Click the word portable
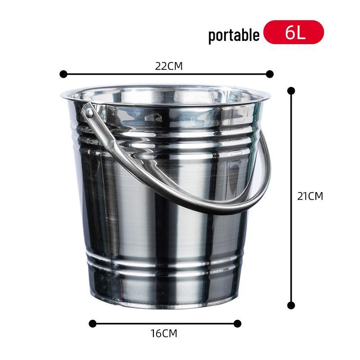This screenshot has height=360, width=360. [234, 35]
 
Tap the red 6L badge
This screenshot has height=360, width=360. [293, 32]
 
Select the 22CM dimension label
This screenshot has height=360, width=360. [169, 66]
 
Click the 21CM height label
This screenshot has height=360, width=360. [310, 196]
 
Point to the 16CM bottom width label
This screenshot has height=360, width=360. [164, 333]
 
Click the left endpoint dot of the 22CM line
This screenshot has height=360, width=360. [63, 74]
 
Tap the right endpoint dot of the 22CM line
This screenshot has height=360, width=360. [270, 74]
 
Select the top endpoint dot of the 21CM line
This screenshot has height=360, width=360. [291, 90]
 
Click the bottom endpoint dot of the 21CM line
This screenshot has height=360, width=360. [291, 305]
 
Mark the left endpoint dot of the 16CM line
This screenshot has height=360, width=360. [93, 323]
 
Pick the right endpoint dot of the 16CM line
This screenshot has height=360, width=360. [238, 323]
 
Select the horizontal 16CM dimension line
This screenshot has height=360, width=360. [165, 323]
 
